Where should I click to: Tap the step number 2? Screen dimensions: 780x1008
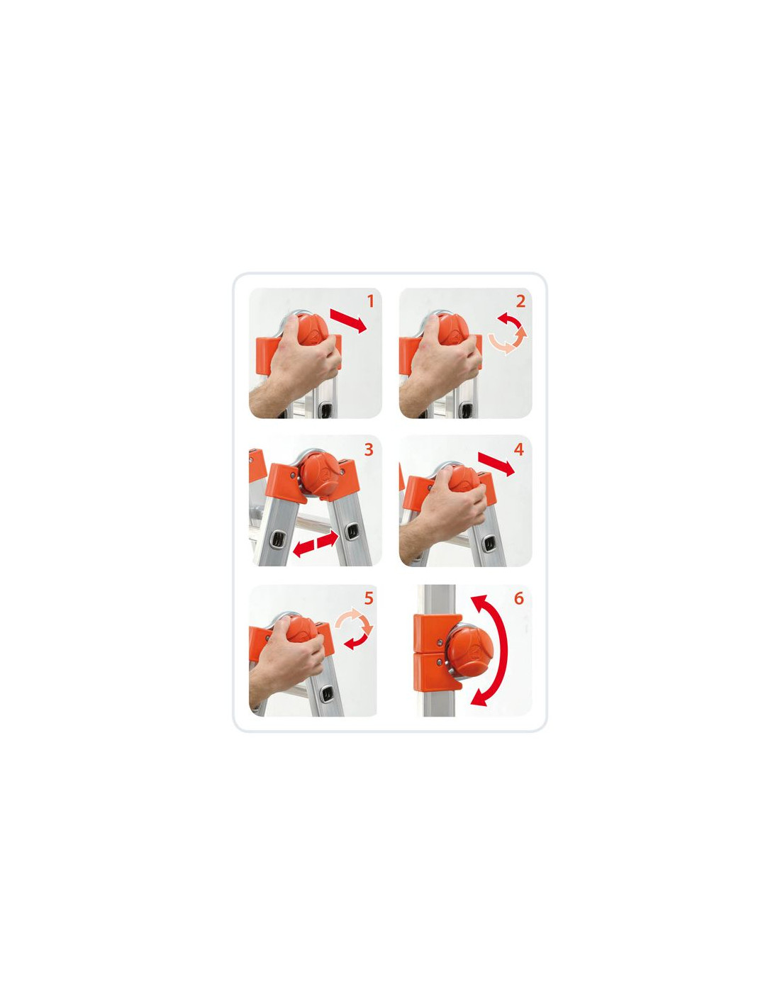click(x=520, y=301)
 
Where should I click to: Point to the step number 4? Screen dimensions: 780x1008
click(x=519, y=449)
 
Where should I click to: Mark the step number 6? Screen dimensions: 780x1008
click(x=519, y=598)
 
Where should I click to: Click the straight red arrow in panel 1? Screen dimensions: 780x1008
click(x=348, y=321)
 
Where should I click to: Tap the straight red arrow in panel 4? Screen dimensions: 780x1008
click(x=496, y=464)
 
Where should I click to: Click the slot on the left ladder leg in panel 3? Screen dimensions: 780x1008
click(x=276, y=539)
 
